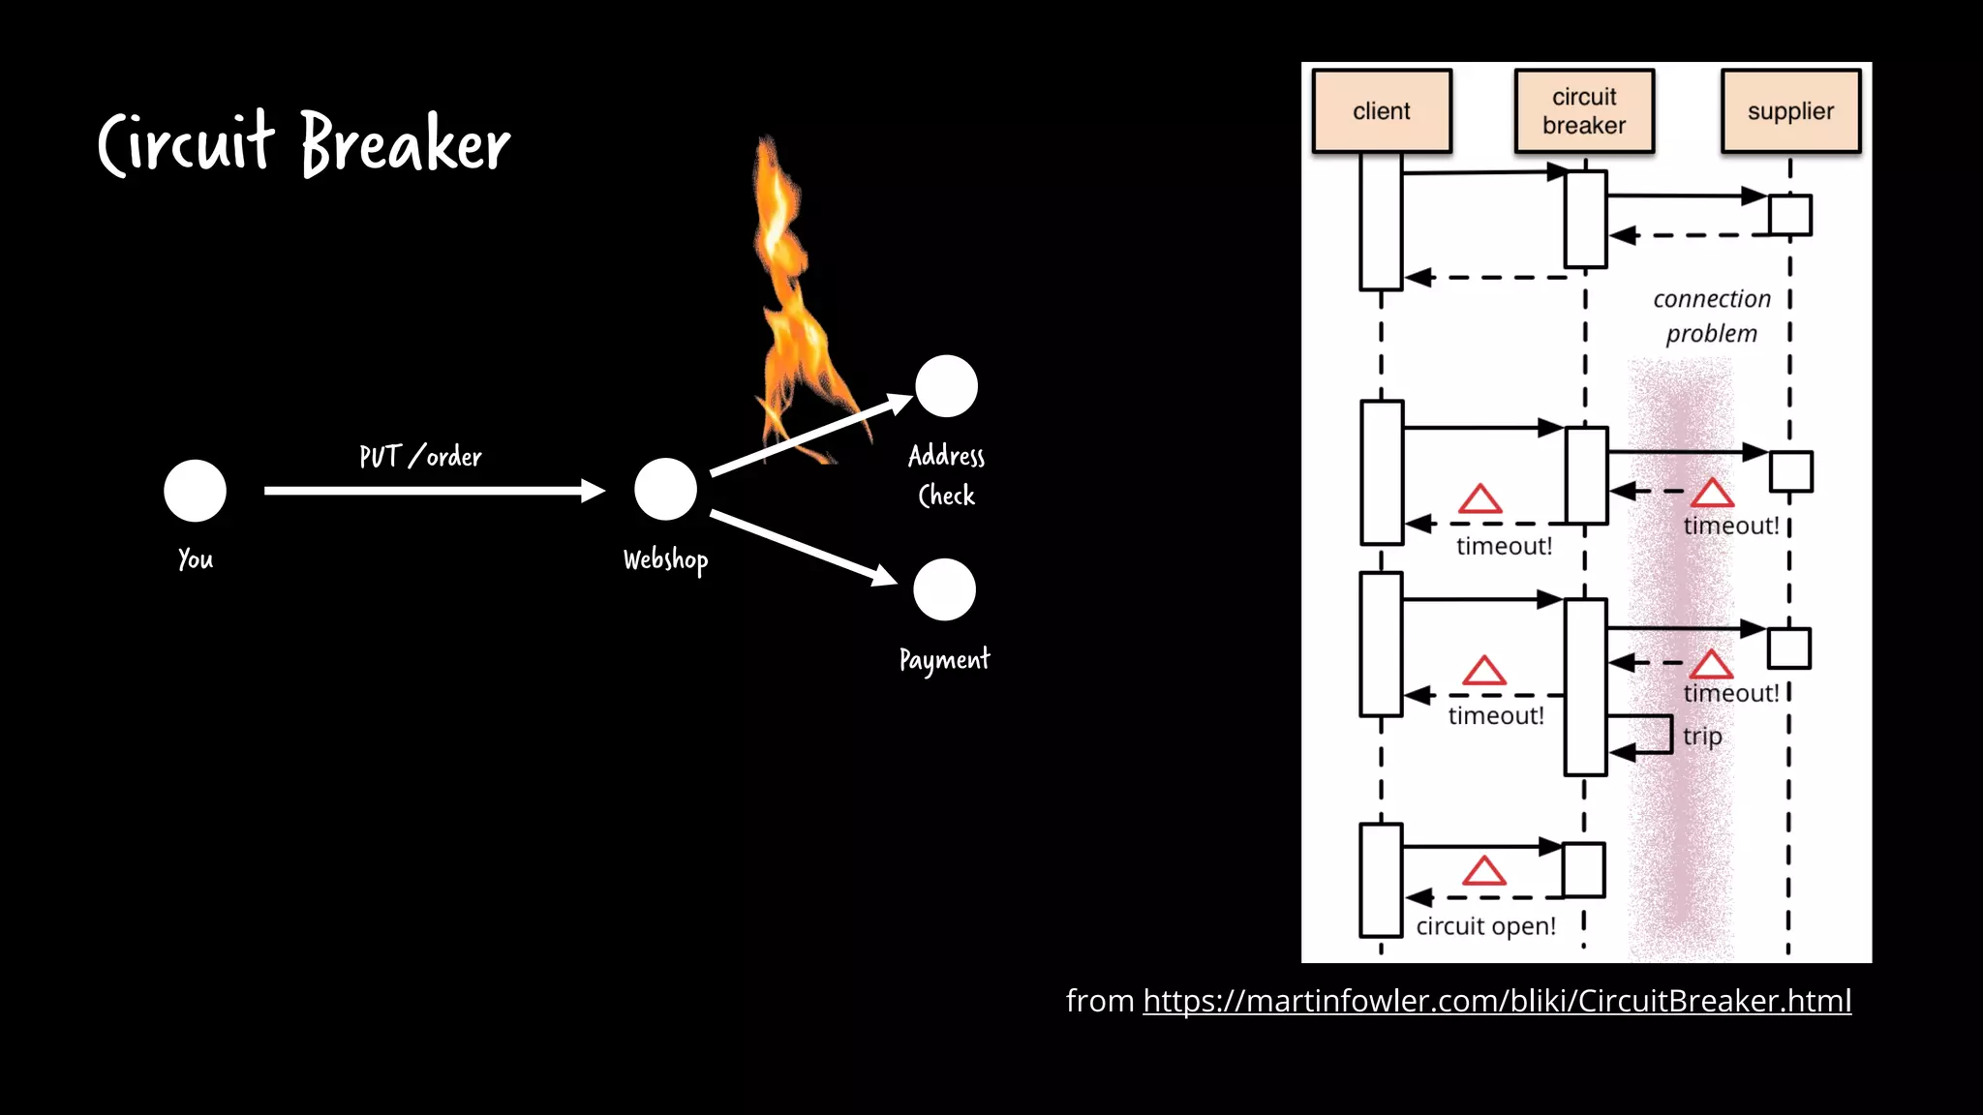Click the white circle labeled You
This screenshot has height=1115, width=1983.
pos(195,491)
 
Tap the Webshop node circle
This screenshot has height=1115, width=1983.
pos(665,489)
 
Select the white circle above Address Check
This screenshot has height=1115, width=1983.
pos(946,386)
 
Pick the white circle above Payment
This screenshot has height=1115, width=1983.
pos(944,589)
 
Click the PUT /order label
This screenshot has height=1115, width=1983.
pos(420,456)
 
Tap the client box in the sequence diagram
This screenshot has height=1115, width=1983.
pos(1382,111)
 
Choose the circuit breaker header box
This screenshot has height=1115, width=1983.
pos(1584,111)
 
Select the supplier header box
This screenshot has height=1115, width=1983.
pos(1790,111)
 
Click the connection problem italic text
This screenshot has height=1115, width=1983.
pos(1711,316)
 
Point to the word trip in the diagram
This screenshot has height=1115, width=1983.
pos(1702,737)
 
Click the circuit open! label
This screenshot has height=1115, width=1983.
pos(1485,926)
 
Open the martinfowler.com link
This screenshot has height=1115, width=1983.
pos(1496,1001)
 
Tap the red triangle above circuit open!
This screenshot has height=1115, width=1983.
pos(1483,871)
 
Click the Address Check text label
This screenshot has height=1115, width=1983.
pos(946,475)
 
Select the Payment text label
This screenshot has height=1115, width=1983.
pos(944,660)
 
